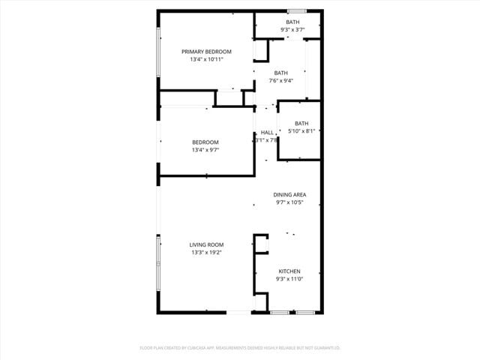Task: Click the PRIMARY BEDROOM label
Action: [206, 51]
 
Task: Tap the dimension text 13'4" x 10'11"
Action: [206, 58]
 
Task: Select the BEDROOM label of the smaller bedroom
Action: [205, 142]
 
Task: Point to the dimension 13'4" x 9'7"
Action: [205, 149]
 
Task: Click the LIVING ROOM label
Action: [205, 244]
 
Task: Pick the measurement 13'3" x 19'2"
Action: [205, 252]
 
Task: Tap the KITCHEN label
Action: [289, 271]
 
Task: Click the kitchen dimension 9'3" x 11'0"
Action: [289, 279]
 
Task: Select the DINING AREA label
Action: [289, 194]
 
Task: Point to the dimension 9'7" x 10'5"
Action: [289, 202]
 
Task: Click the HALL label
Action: [267, 132]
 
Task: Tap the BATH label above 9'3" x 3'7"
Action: [292, 22]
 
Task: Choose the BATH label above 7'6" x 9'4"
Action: [281, 73]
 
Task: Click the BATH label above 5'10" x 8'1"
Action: [301, 123]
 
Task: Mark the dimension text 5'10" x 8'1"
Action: [301, 130]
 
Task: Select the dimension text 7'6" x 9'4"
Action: [281, 80]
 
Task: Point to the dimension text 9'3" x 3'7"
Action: [292, 29]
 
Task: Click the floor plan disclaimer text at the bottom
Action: [240, 348]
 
